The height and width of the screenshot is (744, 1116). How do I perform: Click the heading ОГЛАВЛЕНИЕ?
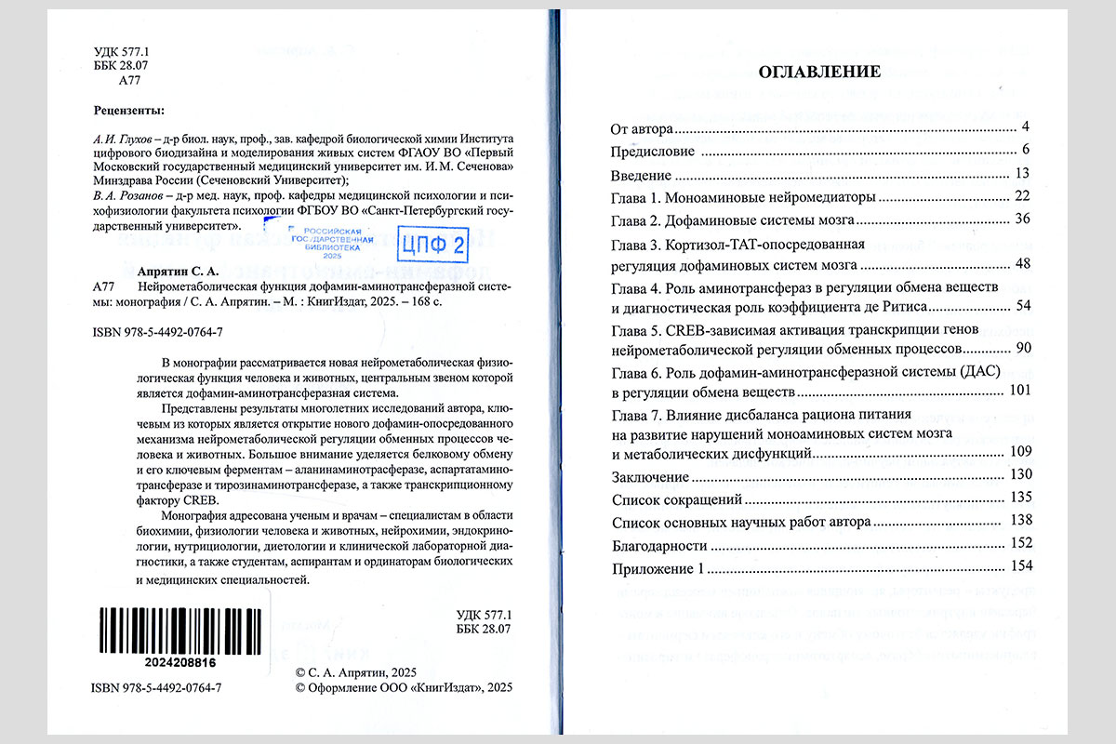(819, 71)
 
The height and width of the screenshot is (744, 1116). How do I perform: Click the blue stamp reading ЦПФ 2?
(432, 246)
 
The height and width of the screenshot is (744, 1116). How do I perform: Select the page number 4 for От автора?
(1023, 126)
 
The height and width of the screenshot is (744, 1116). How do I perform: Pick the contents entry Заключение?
(649, 476)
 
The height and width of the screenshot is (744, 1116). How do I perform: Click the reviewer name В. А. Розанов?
(126, 195)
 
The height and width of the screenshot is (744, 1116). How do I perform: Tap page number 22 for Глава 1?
(1023, 196)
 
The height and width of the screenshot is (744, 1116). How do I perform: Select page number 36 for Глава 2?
(1023, 219)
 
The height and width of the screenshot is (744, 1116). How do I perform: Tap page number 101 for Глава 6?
(1019, 390)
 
